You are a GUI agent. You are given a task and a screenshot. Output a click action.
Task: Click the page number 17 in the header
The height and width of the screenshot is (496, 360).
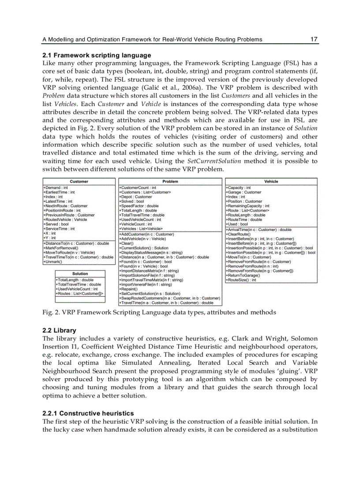(x=314, y=39)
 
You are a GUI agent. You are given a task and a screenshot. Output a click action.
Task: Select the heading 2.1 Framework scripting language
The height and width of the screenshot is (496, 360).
(x=96, y=55)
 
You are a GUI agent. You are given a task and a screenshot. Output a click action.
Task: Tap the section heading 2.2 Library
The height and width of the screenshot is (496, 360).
(x=59, y=330)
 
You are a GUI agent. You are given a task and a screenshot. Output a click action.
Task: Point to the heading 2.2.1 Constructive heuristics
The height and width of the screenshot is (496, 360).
(x=88, y=413)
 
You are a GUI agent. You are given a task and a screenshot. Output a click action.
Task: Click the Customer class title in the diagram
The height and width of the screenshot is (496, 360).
(x=79, y=182)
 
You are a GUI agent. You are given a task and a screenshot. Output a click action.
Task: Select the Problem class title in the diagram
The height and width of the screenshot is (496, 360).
(x=170, y=182)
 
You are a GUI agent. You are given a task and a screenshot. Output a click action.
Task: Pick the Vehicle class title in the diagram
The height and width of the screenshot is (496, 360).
(x=271, y=182)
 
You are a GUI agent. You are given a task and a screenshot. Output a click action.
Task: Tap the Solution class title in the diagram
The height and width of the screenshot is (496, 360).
(x=80, y=274)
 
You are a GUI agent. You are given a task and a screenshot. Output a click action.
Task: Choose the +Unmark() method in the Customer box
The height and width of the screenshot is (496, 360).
(x=52, y=261)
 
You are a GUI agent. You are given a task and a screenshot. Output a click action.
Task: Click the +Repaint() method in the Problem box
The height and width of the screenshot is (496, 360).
(x=129, y=289)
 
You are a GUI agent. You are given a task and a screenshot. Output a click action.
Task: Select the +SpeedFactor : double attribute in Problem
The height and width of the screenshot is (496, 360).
(x=139, y=206)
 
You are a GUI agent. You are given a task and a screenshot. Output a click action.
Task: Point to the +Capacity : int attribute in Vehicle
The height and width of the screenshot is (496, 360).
(x=239, y=188)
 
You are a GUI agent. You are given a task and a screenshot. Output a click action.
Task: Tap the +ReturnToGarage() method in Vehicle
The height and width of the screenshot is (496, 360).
(x=243, y=275)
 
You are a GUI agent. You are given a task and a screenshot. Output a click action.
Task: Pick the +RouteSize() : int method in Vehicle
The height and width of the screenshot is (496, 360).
(x=241, y=280)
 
